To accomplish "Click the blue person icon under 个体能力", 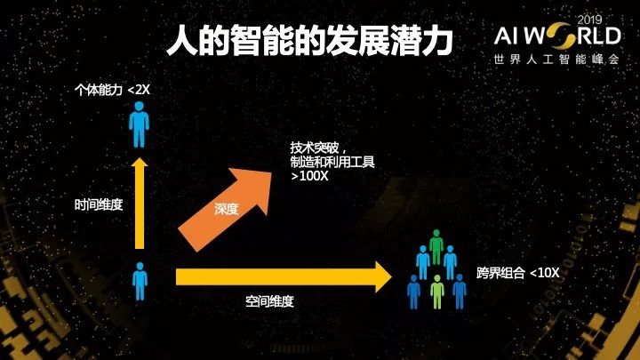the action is pos(139,124).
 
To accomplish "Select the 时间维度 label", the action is pos(98,204).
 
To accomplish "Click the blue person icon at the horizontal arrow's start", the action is pos(140,281).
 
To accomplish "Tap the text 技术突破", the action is pos(312,147).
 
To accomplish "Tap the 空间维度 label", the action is pos(269,302).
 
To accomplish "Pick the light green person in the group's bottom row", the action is pos(436,290).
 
